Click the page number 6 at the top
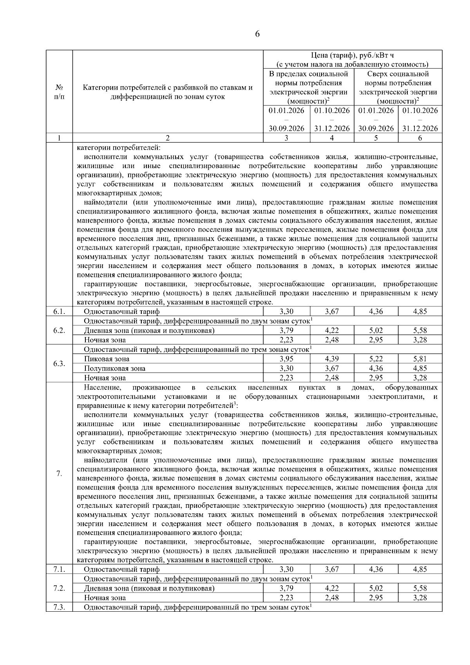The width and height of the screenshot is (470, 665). [257, 34]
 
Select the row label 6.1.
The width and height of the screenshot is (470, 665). [59, 312]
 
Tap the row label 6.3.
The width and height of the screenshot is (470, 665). [59, 364]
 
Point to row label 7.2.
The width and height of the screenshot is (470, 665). [59, 588]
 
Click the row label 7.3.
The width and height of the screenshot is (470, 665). [59, 607]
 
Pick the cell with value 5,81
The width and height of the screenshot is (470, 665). [420, 359]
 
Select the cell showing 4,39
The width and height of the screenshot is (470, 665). [332, 359]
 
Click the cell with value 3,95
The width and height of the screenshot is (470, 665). [287, 359]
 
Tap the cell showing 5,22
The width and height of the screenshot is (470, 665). [376, 359]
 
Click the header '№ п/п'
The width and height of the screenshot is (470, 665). [59, 92]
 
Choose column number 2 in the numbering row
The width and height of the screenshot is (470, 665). [168, 138]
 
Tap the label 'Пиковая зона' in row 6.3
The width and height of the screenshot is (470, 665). [107, 359]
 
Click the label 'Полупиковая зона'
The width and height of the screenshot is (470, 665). [114, 368]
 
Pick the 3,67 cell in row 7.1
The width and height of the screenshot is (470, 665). [332, 569]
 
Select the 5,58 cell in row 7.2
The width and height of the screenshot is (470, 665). [420, 588]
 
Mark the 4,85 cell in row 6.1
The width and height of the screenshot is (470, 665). [420, 312]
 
